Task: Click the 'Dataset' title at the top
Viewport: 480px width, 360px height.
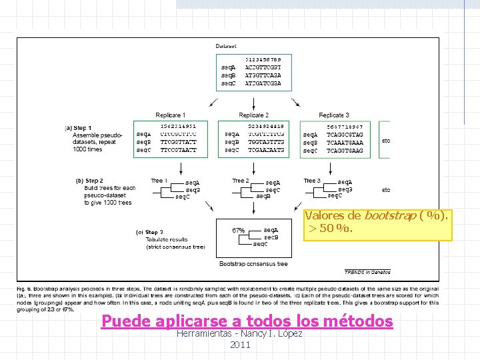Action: pyautogui.click(x=226, y=46)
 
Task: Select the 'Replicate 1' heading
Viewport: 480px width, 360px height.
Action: pyautogui.click(x=171, y=115)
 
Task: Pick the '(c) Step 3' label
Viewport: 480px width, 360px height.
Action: pyautogui.click(x=149, y=233)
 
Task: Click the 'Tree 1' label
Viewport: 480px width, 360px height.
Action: pyautogui.click(x=159, y=181)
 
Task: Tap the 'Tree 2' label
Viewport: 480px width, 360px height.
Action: pyautogui.click(x=240, y=181)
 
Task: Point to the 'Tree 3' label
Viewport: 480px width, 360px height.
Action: pyautogui.click(x=312, y=181)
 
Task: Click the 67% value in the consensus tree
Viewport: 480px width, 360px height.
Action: pyautogui.click(x=238, y=231)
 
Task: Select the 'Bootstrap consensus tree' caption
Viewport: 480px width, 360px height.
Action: pyautogui.click(x=253, y=264)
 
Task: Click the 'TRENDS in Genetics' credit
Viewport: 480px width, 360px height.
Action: pyautogui.click(x=367, y=272)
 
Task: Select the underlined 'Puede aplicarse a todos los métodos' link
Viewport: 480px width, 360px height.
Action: pyautogui.click(x=247, y=321)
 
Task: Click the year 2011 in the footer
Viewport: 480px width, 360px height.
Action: pyautogui.click(x=240, y=345)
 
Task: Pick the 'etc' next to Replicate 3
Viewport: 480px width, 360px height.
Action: pyautogui.click(x=386, y=141)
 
